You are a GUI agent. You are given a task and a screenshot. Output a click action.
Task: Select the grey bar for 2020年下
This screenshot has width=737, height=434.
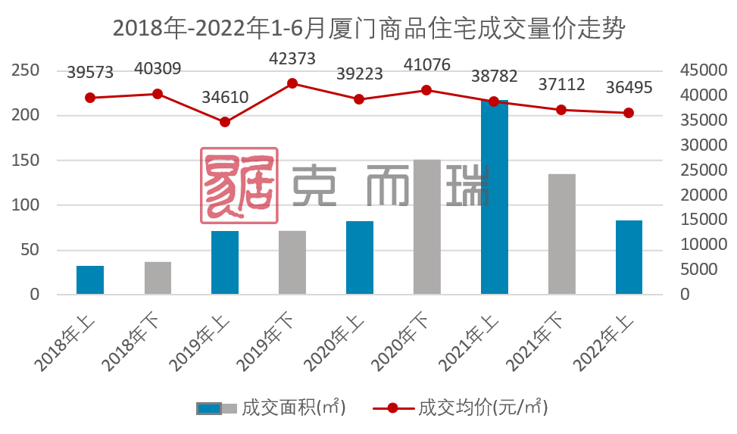(x=426, y=227)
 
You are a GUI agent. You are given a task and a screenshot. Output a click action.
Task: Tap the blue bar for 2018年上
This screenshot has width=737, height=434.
(x=90, y=280)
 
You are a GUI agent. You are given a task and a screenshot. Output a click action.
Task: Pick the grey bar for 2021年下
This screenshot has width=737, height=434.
(x=561, y=234)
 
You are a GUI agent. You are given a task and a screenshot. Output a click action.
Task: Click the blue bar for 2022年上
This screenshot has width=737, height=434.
(x=629, y=258)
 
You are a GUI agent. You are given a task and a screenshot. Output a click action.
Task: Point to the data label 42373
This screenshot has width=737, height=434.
(x=293, y=58)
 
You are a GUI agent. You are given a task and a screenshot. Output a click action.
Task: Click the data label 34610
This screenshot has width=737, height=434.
(x=225, y=97)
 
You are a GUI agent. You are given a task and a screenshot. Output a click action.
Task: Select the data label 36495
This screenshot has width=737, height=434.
(x=629, y=88)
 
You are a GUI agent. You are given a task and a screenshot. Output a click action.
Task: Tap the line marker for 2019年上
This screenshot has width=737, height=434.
(x=225, y=122)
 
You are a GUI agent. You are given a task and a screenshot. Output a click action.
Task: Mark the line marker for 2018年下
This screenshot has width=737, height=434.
(x=158, y=94)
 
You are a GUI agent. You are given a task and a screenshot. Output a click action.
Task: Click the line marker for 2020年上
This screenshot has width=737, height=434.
(x=359, y=99)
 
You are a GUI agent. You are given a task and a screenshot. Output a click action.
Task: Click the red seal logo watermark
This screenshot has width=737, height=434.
(x=239, y=186)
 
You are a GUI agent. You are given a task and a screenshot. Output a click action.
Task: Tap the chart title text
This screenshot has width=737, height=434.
(x=369, y=28)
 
